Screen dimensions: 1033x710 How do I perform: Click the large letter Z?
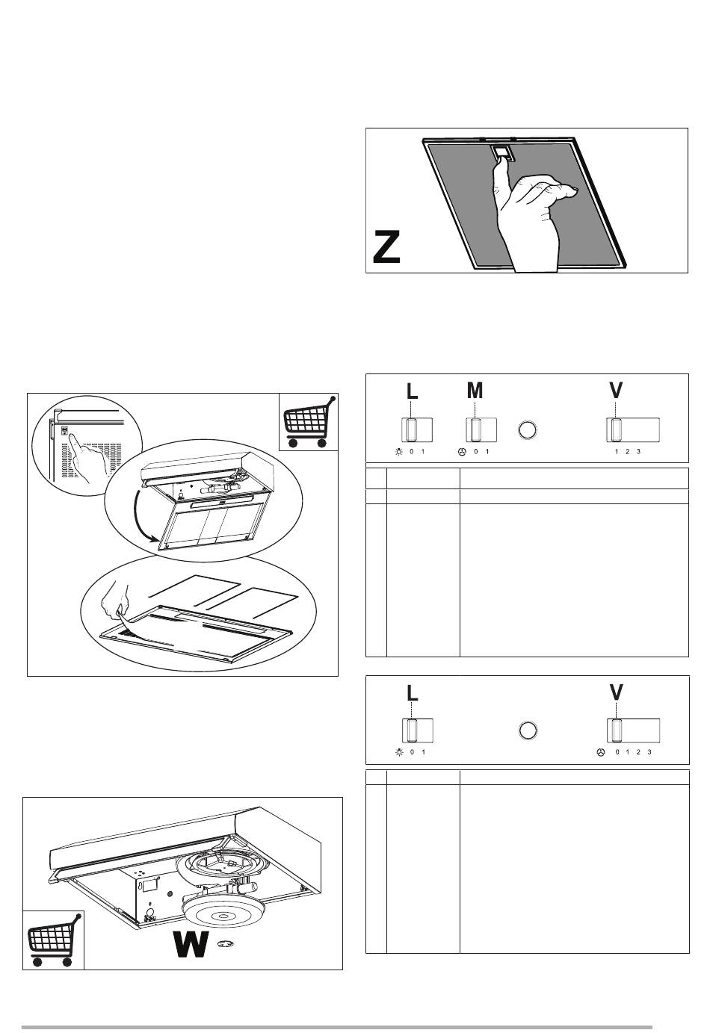(x=386, y=247)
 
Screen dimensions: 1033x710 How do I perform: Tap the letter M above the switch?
(x=475, y=391)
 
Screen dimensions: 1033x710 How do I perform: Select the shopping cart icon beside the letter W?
(x=53, y=940)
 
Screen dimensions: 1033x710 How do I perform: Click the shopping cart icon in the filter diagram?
(x=308, y=422)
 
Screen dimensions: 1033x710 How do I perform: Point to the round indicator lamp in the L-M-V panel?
(x=528, y=430)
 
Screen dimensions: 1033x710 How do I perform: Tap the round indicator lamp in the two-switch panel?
(x=528, y=730)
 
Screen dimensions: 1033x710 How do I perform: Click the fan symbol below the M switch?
(x=461, y=452)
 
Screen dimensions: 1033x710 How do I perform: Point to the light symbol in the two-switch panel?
(x=400, y=752)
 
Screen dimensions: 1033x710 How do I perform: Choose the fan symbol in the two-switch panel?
(x=600, y=752)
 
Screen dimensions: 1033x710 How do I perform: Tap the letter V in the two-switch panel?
(x=617, y=692)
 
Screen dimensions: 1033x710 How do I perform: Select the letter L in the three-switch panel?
(x=412, y=391)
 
